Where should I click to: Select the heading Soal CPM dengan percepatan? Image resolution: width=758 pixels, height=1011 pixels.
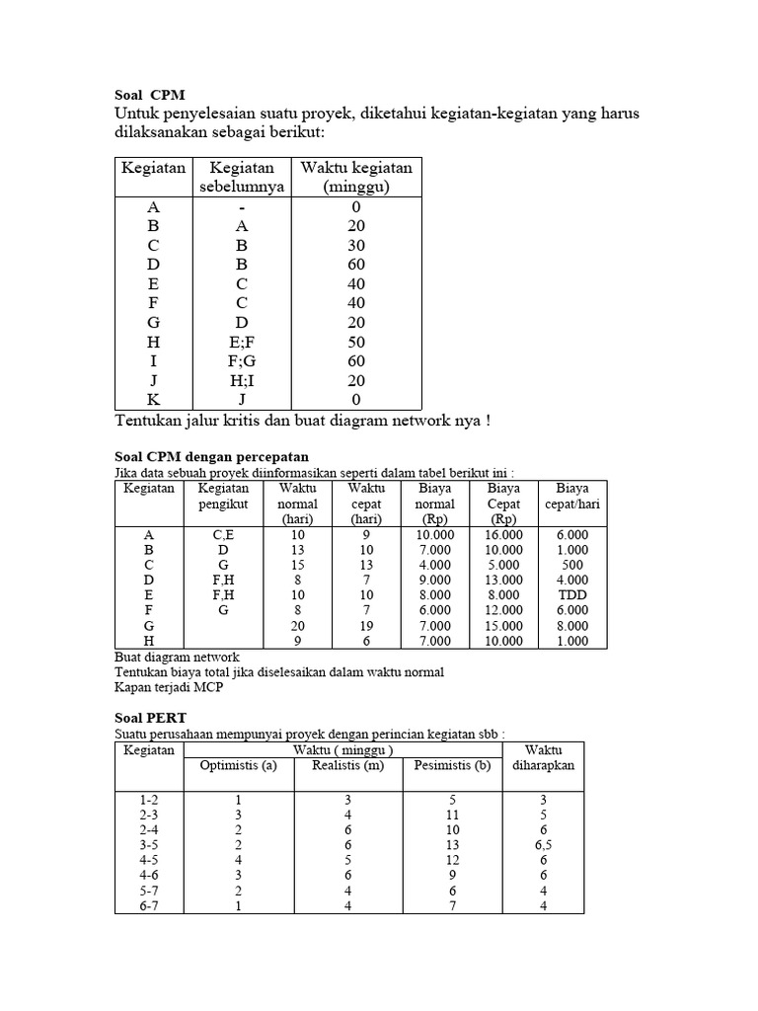coord(206,456)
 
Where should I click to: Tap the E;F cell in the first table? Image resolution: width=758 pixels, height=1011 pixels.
coord(243,341)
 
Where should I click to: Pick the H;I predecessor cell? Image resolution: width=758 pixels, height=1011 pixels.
coord(243,380)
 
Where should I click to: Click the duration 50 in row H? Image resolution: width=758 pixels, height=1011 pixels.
coord(356,341)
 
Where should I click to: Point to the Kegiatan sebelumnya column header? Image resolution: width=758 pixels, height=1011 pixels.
coord(243,177)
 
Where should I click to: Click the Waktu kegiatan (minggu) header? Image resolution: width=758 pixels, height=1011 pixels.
coord(356,177)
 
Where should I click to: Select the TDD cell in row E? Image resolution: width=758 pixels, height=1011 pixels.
coord(572,595)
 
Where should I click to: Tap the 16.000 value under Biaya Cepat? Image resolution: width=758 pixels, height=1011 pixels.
coord(504,534)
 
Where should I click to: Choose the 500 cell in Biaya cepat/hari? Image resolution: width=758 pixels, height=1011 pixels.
coord(572,565)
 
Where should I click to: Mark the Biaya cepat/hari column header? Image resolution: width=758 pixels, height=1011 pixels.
coord(572,496)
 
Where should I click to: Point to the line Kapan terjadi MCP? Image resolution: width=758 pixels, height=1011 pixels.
coord(169,688)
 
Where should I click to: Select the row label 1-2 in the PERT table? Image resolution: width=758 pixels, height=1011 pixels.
coord(149,799)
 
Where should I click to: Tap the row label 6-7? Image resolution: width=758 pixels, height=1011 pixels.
coord(149,905)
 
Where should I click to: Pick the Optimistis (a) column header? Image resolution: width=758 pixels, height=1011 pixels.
coord(239,765)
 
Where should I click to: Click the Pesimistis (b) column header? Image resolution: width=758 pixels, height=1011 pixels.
coord(453,765)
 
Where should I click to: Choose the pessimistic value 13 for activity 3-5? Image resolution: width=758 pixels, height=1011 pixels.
coord(453,844)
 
